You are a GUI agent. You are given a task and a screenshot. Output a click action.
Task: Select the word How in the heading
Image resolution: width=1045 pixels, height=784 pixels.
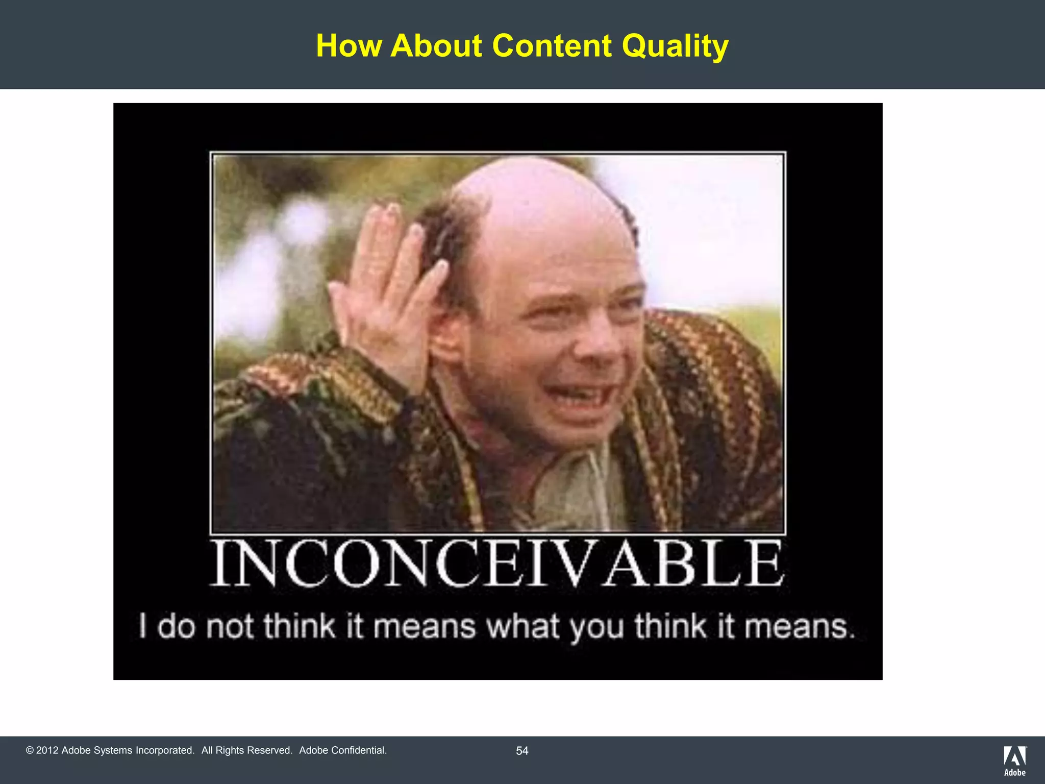point(349,46)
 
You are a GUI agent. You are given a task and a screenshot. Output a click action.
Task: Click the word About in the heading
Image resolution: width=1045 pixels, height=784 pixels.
point(436,46)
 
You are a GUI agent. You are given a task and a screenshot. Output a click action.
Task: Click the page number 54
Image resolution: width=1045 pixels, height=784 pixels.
point(522,751)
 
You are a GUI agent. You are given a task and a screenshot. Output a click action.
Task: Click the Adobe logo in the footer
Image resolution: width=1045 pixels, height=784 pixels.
point(1014,760)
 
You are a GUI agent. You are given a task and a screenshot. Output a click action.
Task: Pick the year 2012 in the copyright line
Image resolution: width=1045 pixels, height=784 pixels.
point(47,750)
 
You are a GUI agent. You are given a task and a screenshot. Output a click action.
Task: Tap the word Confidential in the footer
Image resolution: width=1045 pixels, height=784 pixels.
point(358,750)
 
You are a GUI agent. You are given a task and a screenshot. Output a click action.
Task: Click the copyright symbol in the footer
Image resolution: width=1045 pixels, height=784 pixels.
point(30,750)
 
